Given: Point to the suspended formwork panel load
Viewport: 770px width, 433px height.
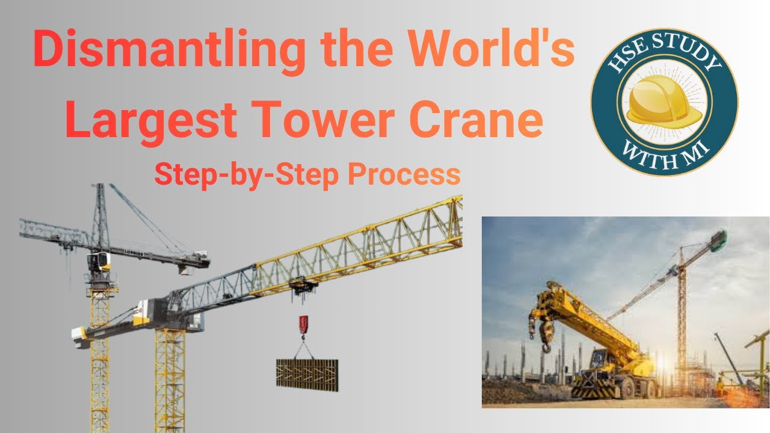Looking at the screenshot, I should (307, 373).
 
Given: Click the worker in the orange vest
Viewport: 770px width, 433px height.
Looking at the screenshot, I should (720, 385).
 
